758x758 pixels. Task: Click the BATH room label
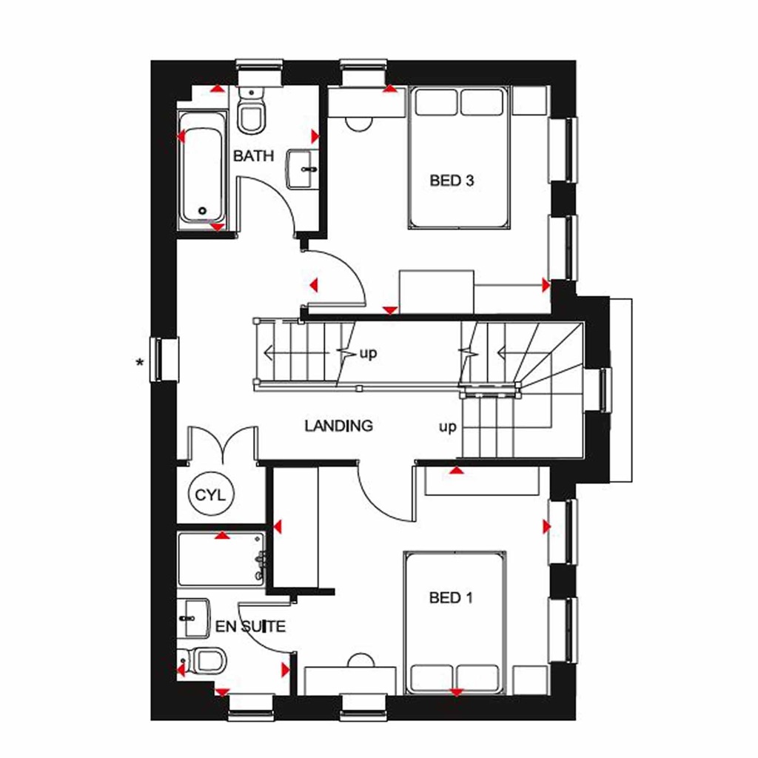pyautogui.click(x=253, y=156)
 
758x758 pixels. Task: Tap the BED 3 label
pyautogui.click(x=451, y=180)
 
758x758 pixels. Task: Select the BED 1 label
pyautogui.click(x=450, y=598)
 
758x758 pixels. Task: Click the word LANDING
pyautogui.click(x=338, y=426)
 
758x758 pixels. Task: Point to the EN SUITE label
pyautogui.click(x=250, y=627)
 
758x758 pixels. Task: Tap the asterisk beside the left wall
pyautogui.click(x=139, y=363)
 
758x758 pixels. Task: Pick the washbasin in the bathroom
pyautogui.click(x=302, y=169)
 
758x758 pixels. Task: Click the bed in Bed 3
pyautogui.click(x=460, y=158)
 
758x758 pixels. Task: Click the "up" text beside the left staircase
pyautogui.click(x=368, y=353)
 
